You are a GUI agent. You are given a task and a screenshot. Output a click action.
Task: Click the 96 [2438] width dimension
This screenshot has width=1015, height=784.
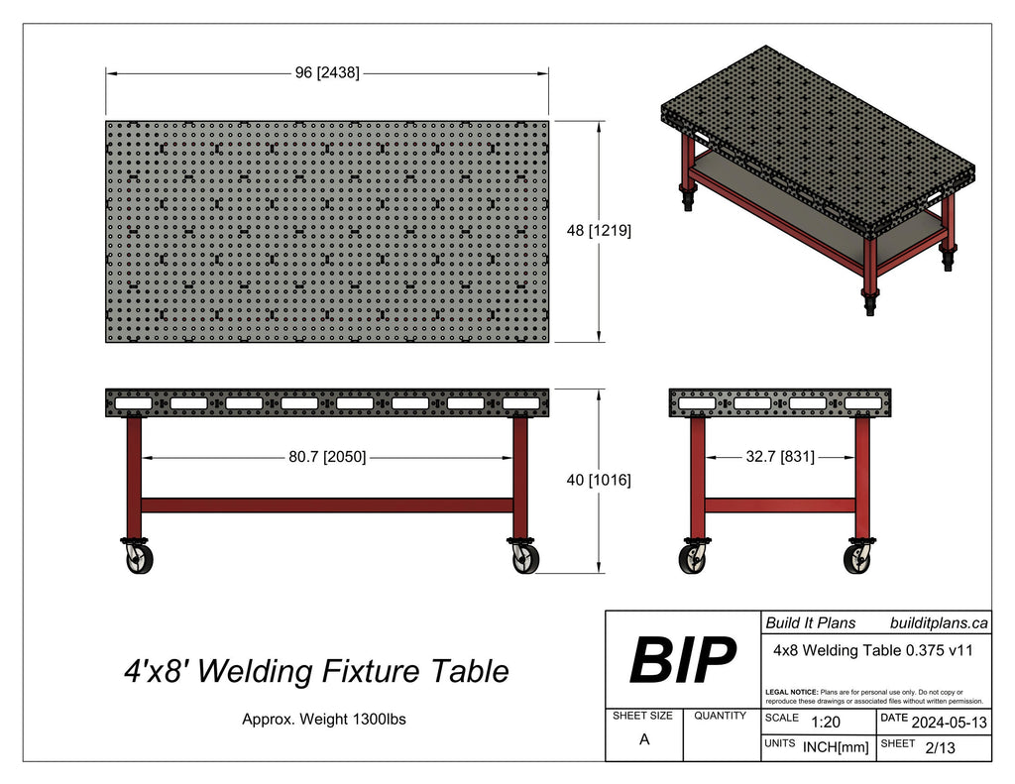pos(327,73)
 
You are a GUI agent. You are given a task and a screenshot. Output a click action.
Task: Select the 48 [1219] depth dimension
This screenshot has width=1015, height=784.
pos(599,230)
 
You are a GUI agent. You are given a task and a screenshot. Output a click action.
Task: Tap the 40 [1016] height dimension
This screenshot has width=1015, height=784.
pos(599,480)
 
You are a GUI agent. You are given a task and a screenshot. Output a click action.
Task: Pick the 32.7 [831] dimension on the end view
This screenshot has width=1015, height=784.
pos(780,458)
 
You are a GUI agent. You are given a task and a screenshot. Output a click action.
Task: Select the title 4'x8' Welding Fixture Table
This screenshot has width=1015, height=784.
pos(316,672)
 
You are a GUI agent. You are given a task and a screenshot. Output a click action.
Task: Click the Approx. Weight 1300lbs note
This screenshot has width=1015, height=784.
pos(324,720)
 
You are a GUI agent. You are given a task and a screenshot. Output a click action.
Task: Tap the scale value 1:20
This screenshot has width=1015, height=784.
pos(828,724)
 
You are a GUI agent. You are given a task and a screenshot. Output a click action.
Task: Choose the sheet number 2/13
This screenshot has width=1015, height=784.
pos(939,748)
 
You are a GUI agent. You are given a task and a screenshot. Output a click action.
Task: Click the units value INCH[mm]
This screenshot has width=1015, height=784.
pos(834,747)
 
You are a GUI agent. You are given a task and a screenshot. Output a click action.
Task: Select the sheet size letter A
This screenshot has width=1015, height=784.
pos(644,739)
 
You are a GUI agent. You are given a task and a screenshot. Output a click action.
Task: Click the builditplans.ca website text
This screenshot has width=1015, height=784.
pos(939,623)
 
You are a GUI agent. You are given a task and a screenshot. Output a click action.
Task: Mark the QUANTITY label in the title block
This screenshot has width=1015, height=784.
pos(721,716)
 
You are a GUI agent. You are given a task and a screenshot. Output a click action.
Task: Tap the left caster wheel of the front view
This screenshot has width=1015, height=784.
pos(135,561)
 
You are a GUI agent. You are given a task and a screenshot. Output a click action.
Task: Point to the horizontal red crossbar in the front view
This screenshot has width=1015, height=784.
pos(327,504)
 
